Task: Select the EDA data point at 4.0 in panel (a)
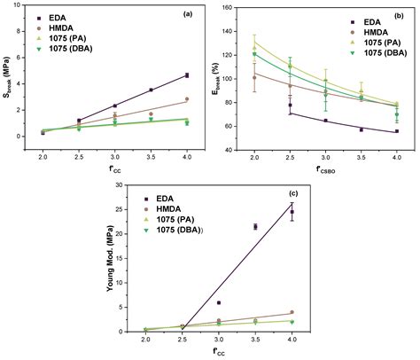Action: point(186,75)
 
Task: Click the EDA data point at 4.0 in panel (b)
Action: point(396,131)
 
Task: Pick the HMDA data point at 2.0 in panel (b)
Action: point(255,77)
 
